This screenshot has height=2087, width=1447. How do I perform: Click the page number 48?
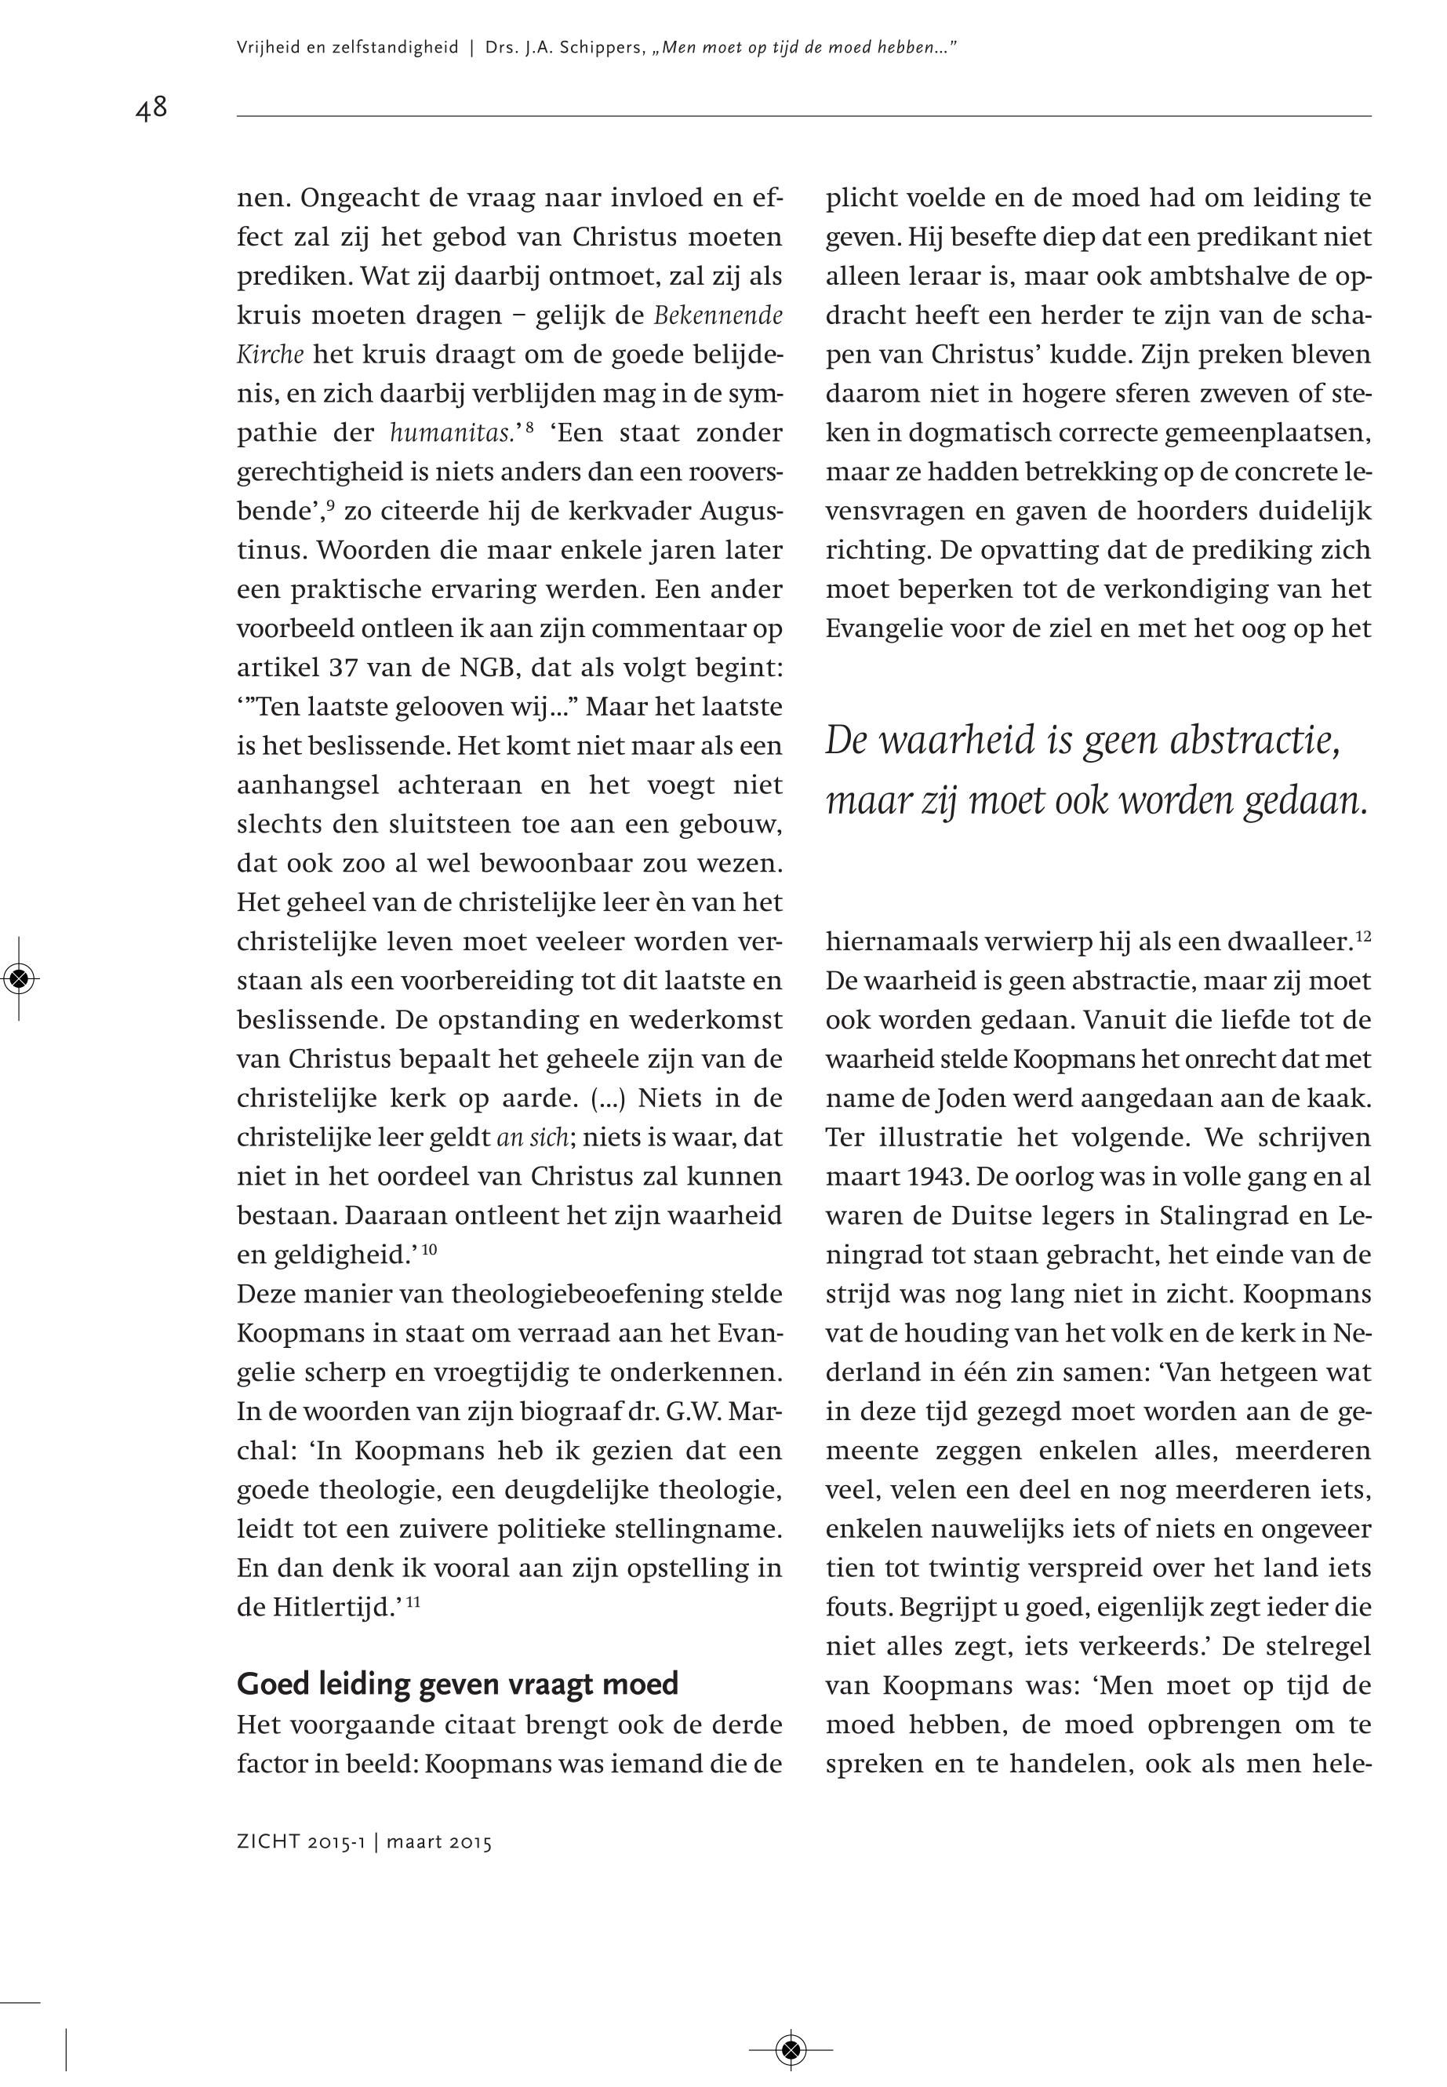[x=151, y=110]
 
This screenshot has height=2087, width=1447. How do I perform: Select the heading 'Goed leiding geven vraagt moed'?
[x=457, y=1684]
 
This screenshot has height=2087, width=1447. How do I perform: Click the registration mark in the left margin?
[x=20, y=978]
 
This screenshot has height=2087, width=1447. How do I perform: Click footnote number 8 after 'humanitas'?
[x=529, y=426]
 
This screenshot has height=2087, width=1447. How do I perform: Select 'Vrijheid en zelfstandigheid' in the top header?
[x=347, y=48]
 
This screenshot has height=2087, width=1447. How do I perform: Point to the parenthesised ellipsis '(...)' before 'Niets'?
[x=606, y=1099]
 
